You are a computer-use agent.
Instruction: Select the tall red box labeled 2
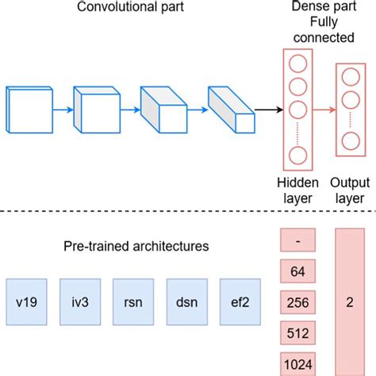point(350,302)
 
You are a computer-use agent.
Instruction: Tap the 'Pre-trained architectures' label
point(137,247)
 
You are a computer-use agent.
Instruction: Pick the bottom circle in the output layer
point(349,141)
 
